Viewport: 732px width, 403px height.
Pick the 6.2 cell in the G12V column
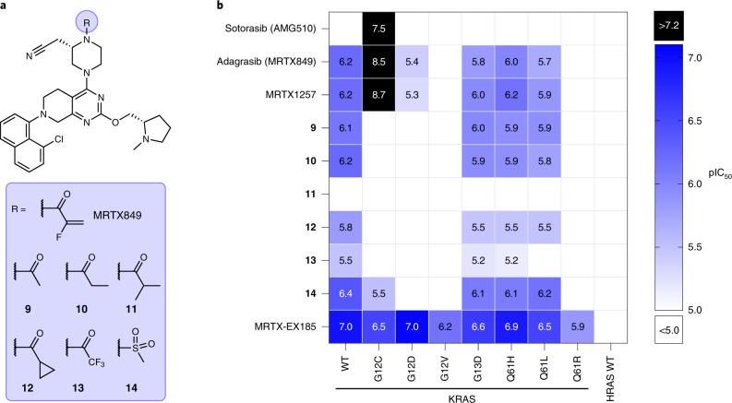(x=438, y=327)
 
